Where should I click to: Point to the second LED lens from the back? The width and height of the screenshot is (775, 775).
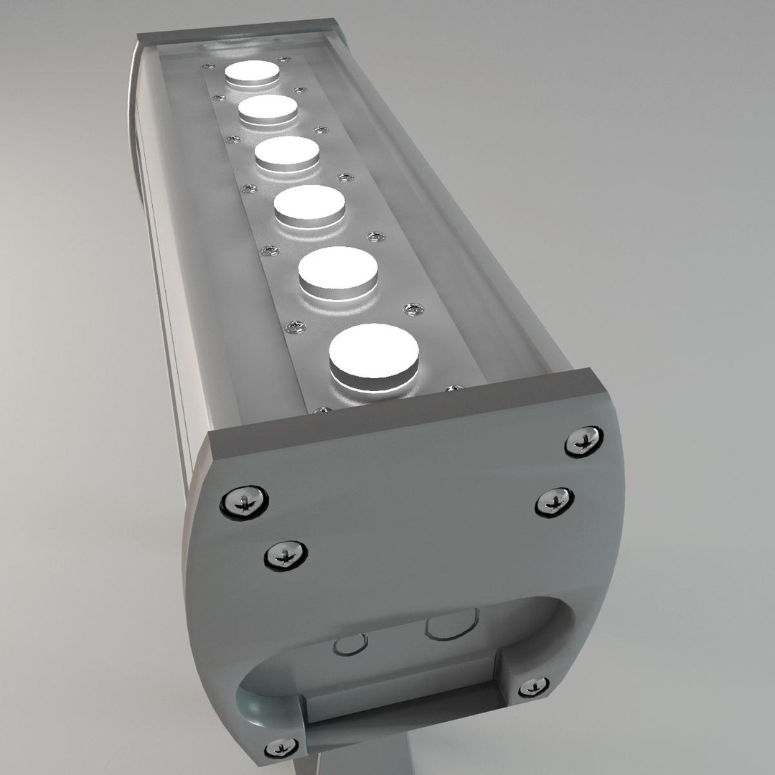pos(268,109)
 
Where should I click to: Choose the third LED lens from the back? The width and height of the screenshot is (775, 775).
pos(287,153)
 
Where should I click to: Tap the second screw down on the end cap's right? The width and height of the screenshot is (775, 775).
pos(554,500)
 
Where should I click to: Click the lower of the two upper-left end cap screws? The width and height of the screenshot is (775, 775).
pos(286,554)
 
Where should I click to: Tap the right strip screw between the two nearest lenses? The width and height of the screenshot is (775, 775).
pos(413,309)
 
